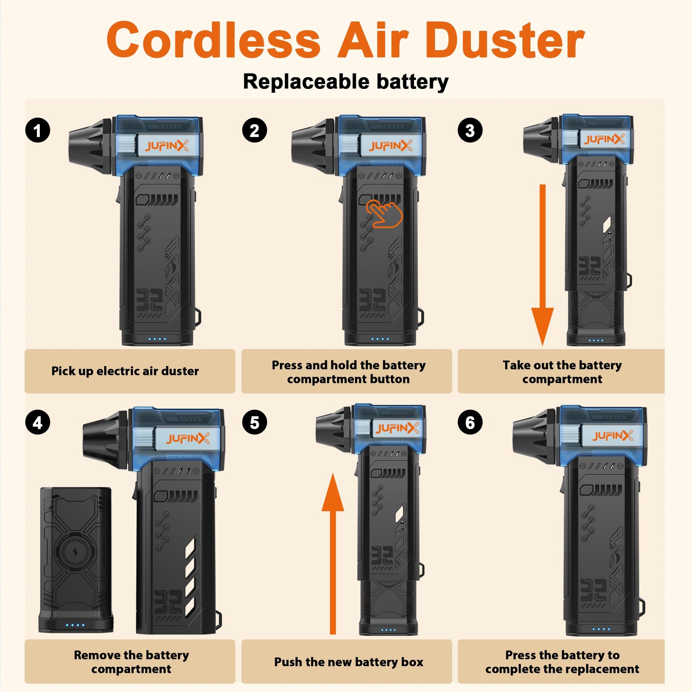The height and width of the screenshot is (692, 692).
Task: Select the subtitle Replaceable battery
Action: [x=346, y=82]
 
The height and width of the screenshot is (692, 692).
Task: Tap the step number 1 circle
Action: [x=38, y=130]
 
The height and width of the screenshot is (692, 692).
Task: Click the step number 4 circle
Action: [x=38, y=423]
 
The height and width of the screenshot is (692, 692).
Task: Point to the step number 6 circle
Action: [x=470, y=423]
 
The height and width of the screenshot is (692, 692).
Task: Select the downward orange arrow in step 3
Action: [x=542, y=265]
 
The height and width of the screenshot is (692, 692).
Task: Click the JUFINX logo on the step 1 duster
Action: [x=166, y=146]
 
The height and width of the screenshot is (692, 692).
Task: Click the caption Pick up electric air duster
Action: [x=125, y=371]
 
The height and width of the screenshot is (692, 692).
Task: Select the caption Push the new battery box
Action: [x=348, y=662]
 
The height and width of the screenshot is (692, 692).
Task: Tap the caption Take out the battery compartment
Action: [x=562, y=372]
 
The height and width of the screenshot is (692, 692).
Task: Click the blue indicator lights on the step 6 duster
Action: [x=601, y=629]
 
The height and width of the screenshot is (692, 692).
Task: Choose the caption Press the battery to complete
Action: [x=562, y=662]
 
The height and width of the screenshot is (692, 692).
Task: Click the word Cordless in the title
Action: [x=213, y=40]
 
